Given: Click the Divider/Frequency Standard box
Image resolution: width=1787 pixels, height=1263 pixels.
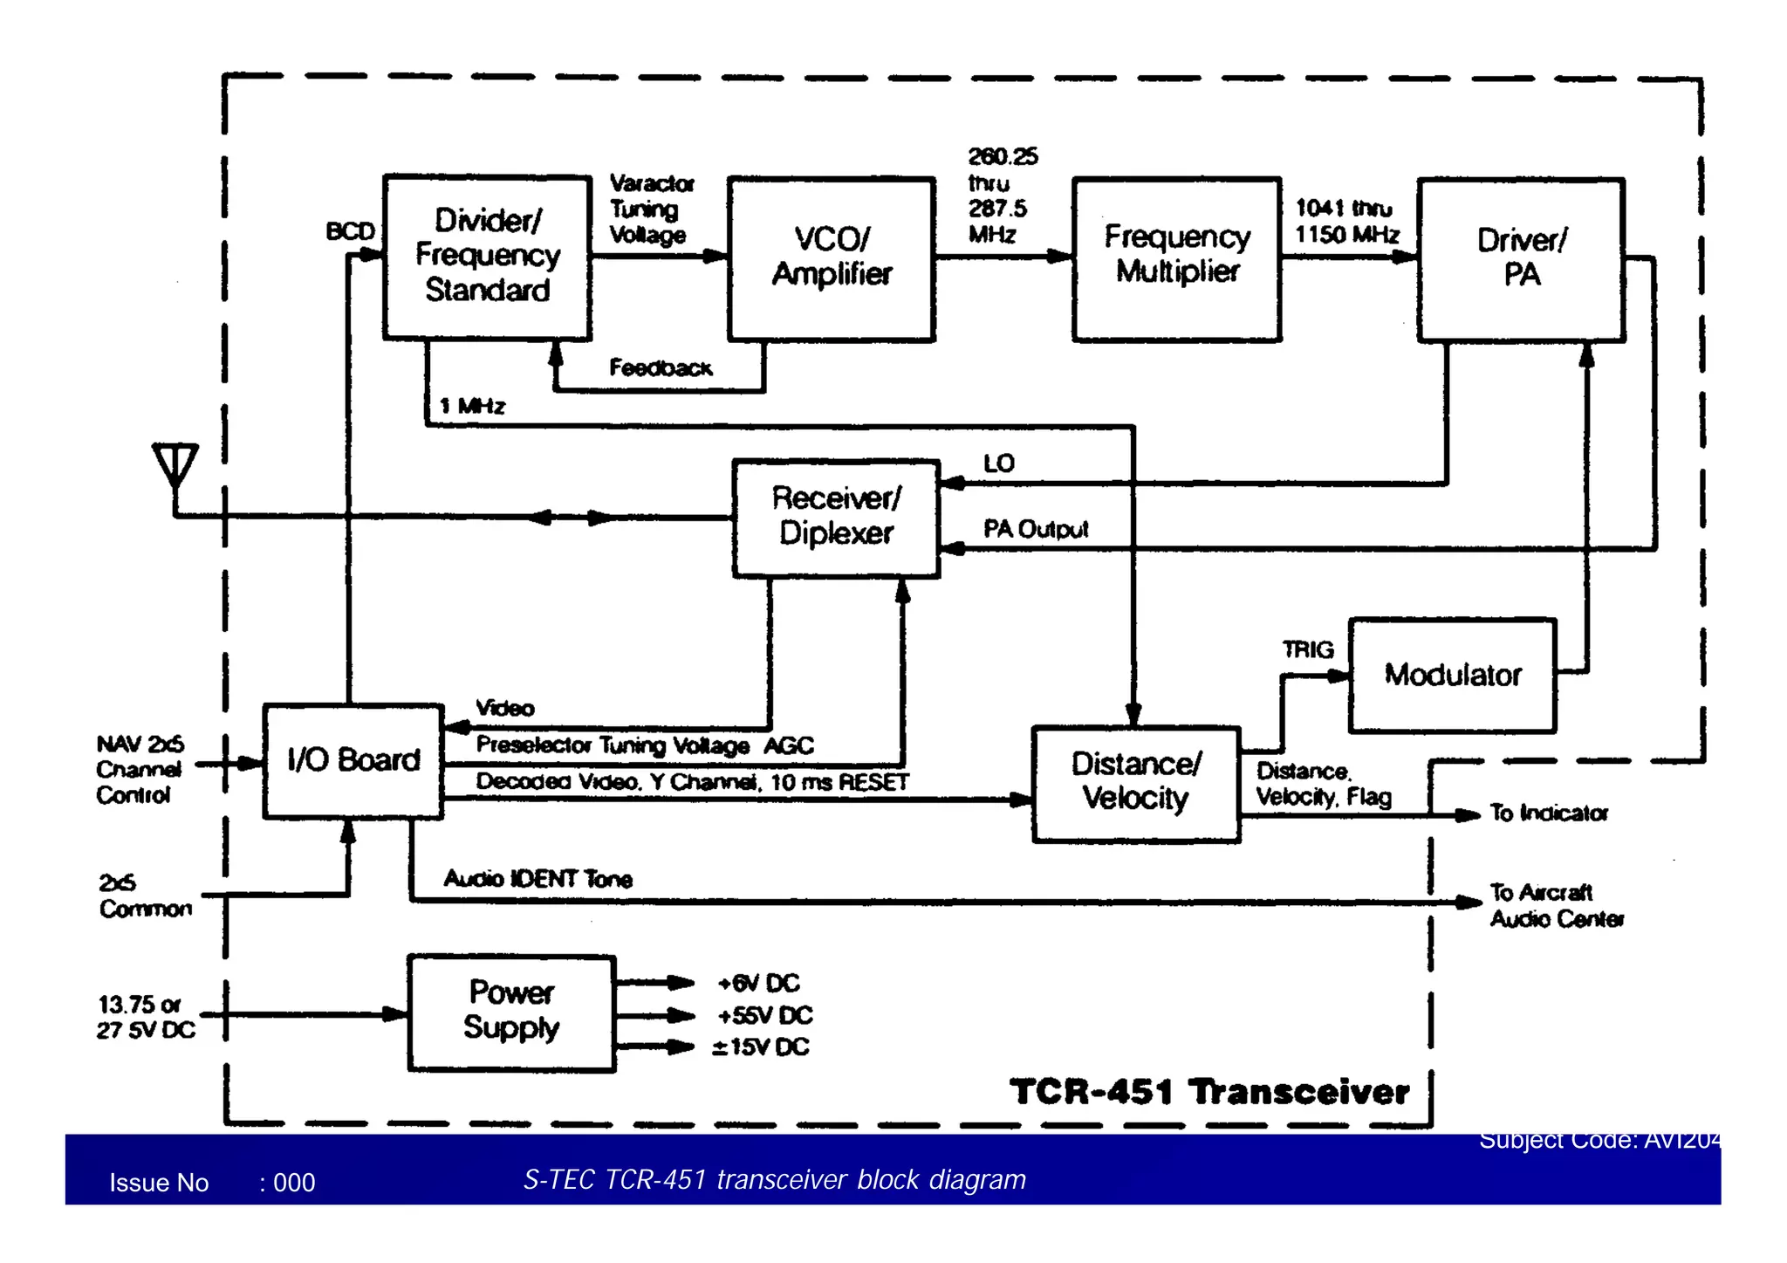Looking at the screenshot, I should coord(487,257).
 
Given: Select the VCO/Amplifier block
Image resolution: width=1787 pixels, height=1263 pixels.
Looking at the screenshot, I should coord(831,258).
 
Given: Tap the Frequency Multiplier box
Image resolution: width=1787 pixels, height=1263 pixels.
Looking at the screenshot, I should coord(1176,258).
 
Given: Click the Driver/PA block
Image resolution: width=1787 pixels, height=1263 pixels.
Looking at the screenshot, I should coord(1521,258).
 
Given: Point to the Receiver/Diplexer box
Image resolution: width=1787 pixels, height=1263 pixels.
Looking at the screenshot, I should coord(836,517).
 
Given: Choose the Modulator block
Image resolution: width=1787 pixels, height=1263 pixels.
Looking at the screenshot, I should coord(1452,675).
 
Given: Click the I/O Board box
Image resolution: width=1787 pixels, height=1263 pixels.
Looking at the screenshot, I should coord(353,760).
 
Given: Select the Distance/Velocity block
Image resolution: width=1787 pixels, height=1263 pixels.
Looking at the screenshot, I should coord(1135,783).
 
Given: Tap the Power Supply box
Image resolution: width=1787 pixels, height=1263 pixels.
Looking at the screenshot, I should coord(511,1012).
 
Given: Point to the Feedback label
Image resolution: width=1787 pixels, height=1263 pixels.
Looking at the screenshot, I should coord(661,368).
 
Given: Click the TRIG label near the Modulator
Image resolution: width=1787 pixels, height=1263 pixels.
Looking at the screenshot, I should coord(1307,649).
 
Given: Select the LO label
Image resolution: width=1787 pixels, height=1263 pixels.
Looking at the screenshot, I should coord(998,463).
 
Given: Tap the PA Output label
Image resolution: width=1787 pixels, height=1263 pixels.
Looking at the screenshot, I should coord(1036,529).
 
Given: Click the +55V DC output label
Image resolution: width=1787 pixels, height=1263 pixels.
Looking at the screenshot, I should coord(764,1015).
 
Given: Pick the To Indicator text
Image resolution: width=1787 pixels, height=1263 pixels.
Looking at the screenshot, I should coord(1548,813).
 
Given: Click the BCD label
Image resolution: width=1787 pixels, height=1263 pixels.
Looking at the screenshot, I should coord(350,231).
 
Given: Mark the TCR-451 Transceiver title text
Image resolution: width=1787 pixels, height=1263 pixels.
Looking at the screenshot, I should coord(1208,1091).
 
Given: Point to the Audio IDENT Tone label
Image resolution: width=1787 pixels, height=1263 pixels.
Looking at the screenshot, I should coord(537,878).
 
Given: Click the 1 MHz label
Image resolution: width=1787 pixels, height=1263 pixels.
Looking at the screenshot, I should coord(472,406).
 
